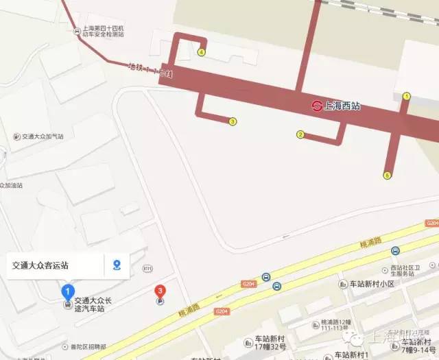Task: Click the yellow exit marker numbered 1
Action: coord(406,97)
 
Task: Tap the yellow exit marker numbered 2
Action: coord(300,134)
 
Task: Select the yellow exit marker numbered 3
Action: coord(233,122)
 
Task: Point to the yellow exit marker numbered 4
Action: coord(202,51)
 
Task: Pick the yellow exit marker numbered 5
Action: coord(387,176)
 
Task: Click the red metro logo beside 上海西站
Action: coord(316,106)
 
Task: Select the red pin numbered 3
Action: coord(160,291)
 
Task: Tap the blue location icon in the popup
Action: coord(117,265)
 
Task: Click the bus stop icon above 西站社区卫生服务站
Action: coord(395,251)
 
